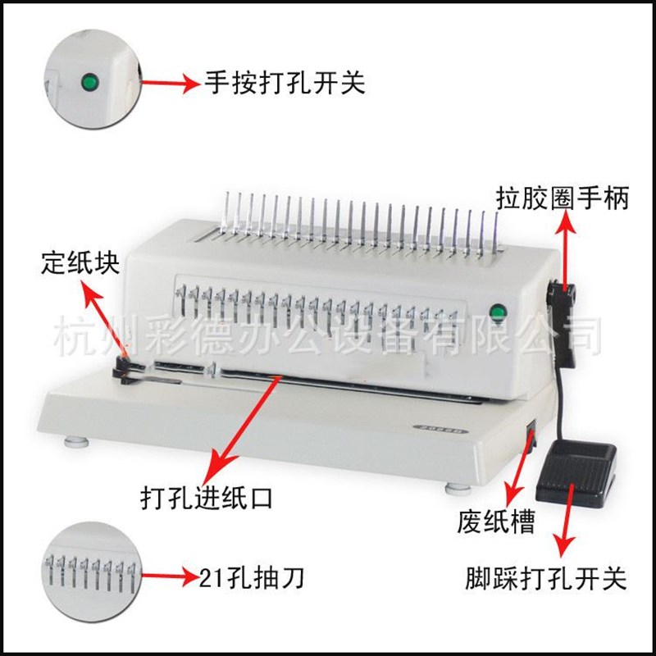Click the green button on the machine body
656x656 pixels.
click(496, 311)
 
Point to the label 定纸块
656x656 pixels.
click(81, 264)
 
